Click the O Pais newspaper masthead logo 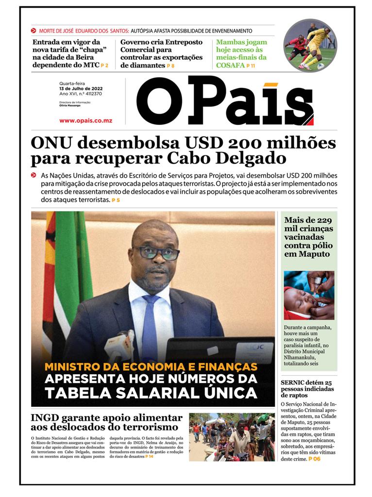pos(224,101)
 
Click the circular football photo pos(310,46)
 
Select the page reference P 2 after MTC pos(104,66)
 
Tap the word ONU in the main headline pos(51,143)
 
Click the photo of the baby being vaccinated pos(309,295)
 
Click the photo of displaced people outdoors pos(232,437)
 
